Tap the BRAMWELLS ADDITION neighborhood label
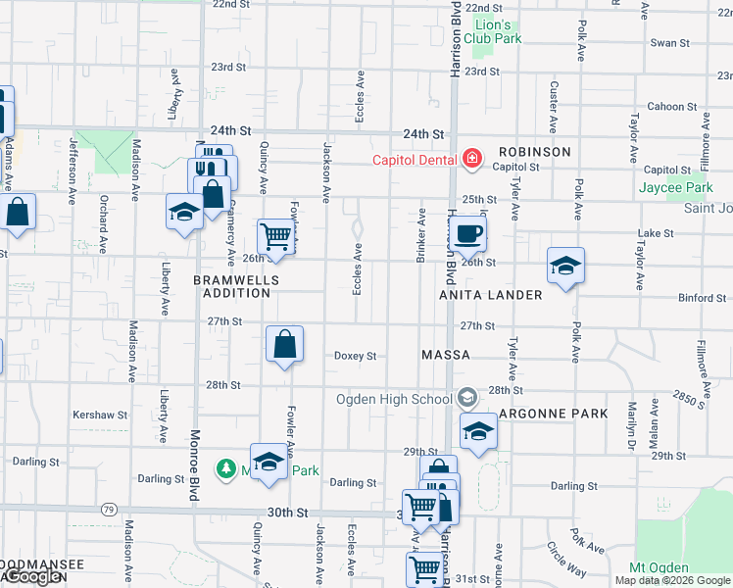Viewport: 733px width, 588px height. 236,287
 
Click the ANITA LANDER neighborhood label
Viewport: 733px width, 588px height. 490,295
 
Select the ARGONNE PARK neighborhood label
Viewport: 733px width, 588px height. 553,414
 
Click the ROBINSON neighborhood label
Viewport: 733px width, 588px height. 533,152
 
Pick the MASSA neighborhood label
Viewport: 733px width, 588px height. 446,354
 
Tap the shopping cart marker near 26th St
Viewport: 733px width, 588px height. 276,238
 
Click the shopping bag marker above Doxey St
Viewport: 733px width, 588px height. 284,345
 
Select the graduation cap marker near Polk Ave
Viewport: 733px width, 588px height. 565,266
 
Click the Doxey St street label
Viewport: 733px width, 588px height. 355,356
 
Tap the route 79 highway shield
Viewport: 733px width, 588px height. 108,509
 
